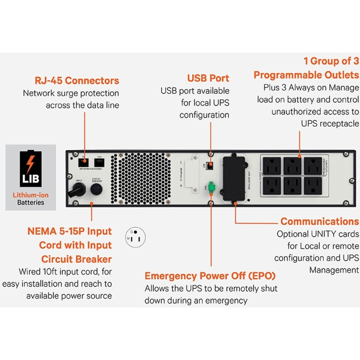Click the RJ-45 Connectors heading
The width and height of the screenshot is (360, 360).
(x=76, y=80)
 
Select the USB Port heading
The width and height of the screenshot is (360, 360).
(x=208, y=78)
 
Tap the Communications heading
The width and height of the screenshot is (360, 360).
(x=319, y=221)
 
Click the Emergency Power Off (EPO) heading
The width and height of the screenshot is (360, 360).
(x=210, y=275)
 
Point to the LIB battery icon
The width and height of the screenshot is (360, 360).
(x=30, y=168)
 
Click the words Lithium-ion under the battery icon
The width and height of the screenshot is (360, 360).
(x=31, y=195)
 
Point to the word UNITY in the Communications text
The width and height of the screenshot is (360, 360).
(x=317, y=234)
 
